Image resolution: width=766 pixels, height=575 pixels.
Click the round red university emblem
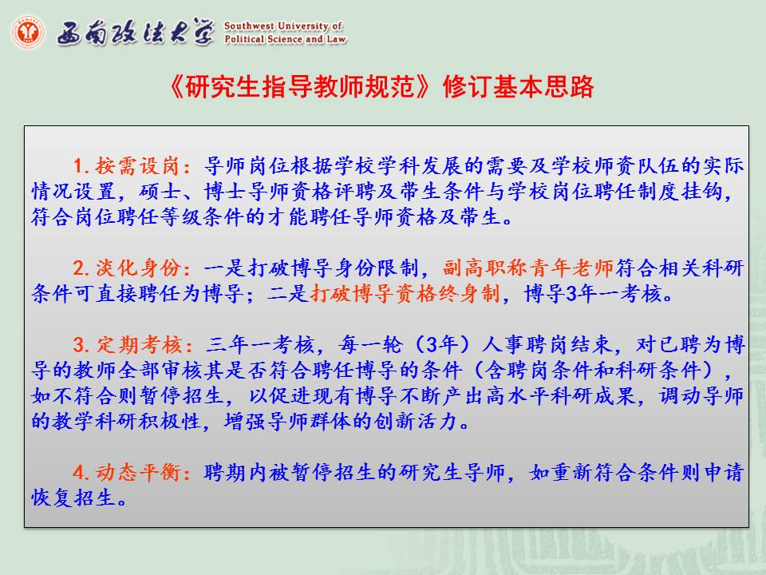pos(27,32)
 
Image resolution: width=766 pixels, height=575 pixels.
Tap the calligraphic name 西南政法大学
pos(136,32)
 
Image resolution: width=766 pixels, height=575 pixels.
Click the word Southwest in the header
pos(248,26)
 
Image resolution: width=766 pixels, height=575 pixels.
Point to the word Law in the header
pos(336,38)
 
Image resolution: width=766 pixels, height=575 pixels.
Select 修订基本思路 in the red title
pos(519,87)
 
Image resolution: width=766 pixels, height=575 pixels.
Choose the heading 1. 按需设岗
pos(132,166)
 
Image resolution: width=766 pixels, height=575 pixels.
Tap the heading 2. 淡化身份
pos(132,268)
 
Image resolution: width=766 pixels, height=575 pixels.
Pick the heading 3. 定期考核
pos(132,345)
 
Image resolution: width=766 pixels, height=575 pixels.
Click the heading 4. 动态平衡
pos(132,472)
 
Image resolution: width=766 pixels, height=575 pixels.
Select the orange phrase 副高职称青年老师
pos(528,268)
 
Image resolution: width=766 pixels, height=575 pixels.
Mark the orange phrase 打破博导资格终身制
pos(405,294)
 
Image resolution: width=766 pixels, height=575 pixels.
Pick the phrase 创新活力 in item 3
pos(417,421)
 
